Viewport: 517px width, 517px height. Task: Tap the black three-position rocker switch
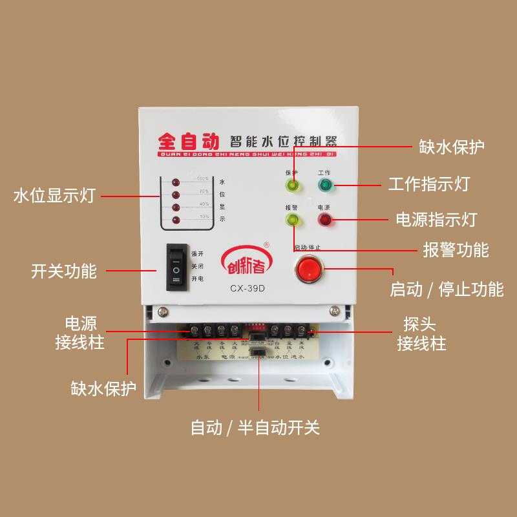click(176, 265)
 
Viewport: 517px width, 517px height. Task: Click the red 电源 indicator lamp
click(324, 220)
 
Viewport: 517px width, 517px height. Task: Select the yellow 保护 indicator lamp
click(291, 187)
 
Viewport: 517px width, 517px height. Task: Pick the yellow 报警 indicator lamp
click(291, 220)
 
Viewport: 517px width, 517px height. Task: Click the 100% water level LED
click(175, 182)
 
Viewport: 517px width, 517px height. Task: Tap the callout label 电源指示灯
click(436, 219)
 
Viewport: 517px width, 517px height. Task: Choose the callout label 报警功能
click(456, 249)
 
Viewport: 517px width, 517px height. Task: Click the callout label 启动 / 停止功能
click(447, 289)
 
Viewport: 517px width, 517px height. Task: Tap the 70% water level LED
click(175, 195)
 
